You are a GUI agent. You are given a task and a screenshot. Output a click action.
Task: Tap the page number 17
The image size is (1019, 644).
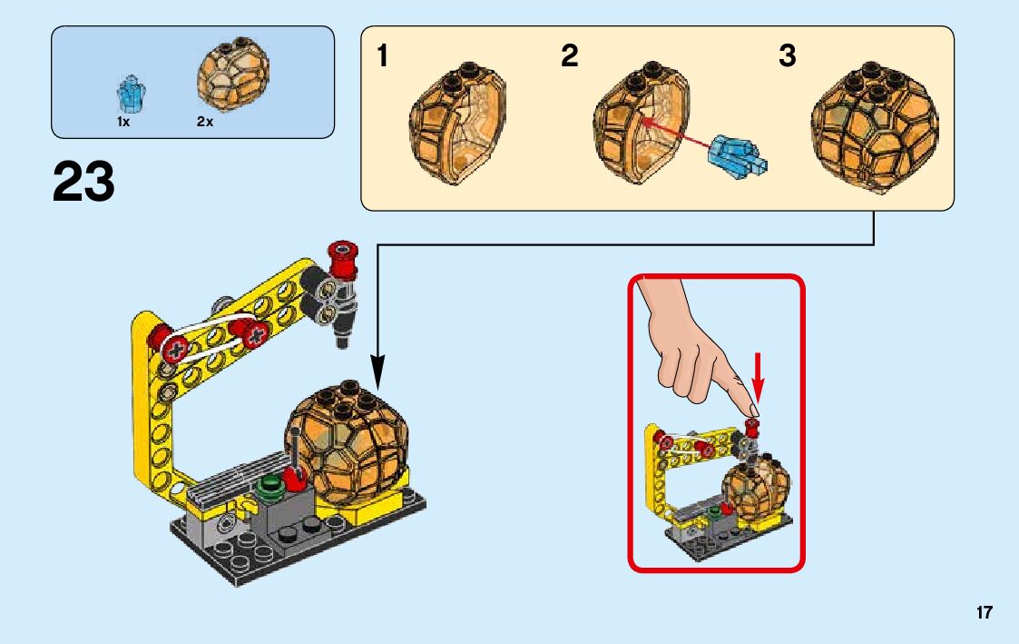point(984,613)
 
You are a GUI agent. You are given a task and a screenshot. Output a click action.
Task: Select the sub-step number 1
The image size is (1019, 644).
point(383,56)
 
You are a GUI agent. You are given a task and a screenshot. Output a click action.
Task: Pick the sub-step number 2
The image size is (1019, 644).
point(569,56)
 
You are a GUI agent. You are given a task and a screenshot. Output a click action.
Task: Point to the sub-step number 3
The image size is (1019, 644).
point(787,56)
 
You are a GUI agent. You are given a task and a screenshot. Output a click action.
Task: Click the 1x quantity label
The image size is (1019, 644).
point(123,122)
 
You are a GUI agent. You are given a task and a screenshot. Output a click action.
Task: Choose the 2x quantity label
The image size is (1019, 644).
point(204,122)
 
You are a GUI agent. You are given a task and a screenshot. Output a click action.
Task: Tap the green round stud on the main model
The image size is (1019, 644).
point(269,484)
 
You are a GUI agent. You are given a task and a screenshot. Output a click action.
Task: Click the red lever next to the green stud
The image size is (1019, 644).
point(296,476)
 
